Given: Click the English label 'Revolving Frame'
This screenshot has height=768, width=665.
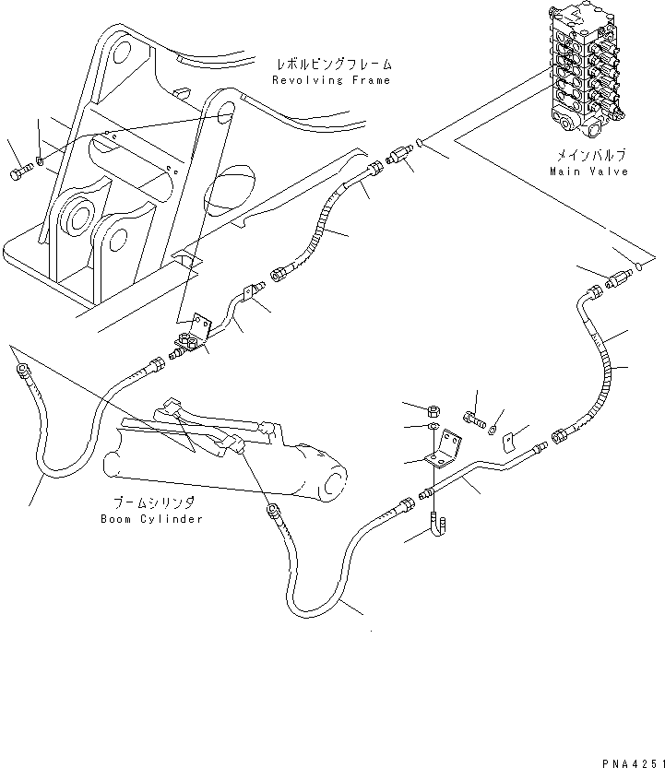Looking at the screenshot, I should click(331, 80).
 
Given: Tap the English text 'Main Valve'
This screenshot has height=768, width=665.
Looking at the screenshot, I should click(588, 171).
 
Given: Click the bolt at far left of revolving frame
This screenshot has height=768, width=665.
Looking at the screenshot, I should click(21, 171).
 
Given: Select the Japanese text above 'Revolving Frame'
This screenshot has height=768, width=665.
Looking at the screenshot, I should click(333, 65).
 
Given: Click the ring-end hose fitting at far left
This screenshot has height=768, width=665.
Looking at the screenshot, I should click(19, 371).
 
